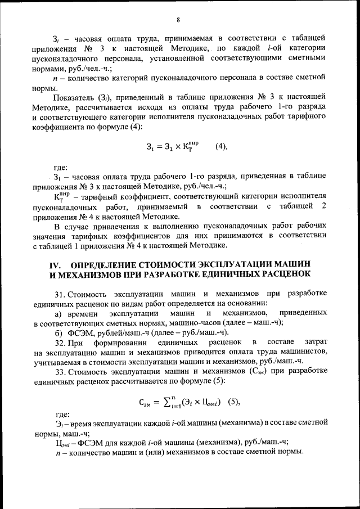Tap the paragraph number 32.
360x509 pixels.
60,342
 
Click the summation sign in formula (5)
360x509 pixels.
168,402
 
